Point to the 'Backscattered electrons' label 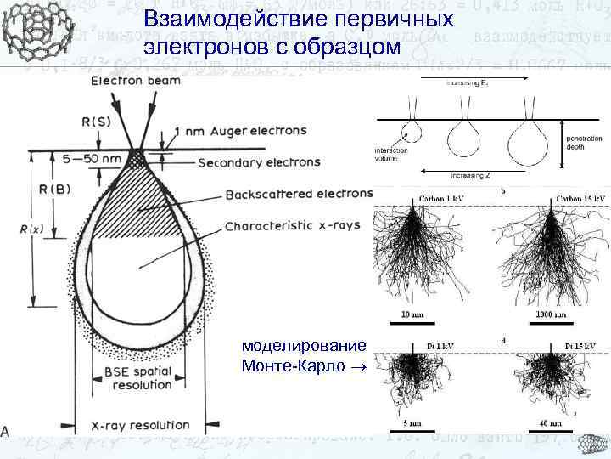click(x=300, y=195)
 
